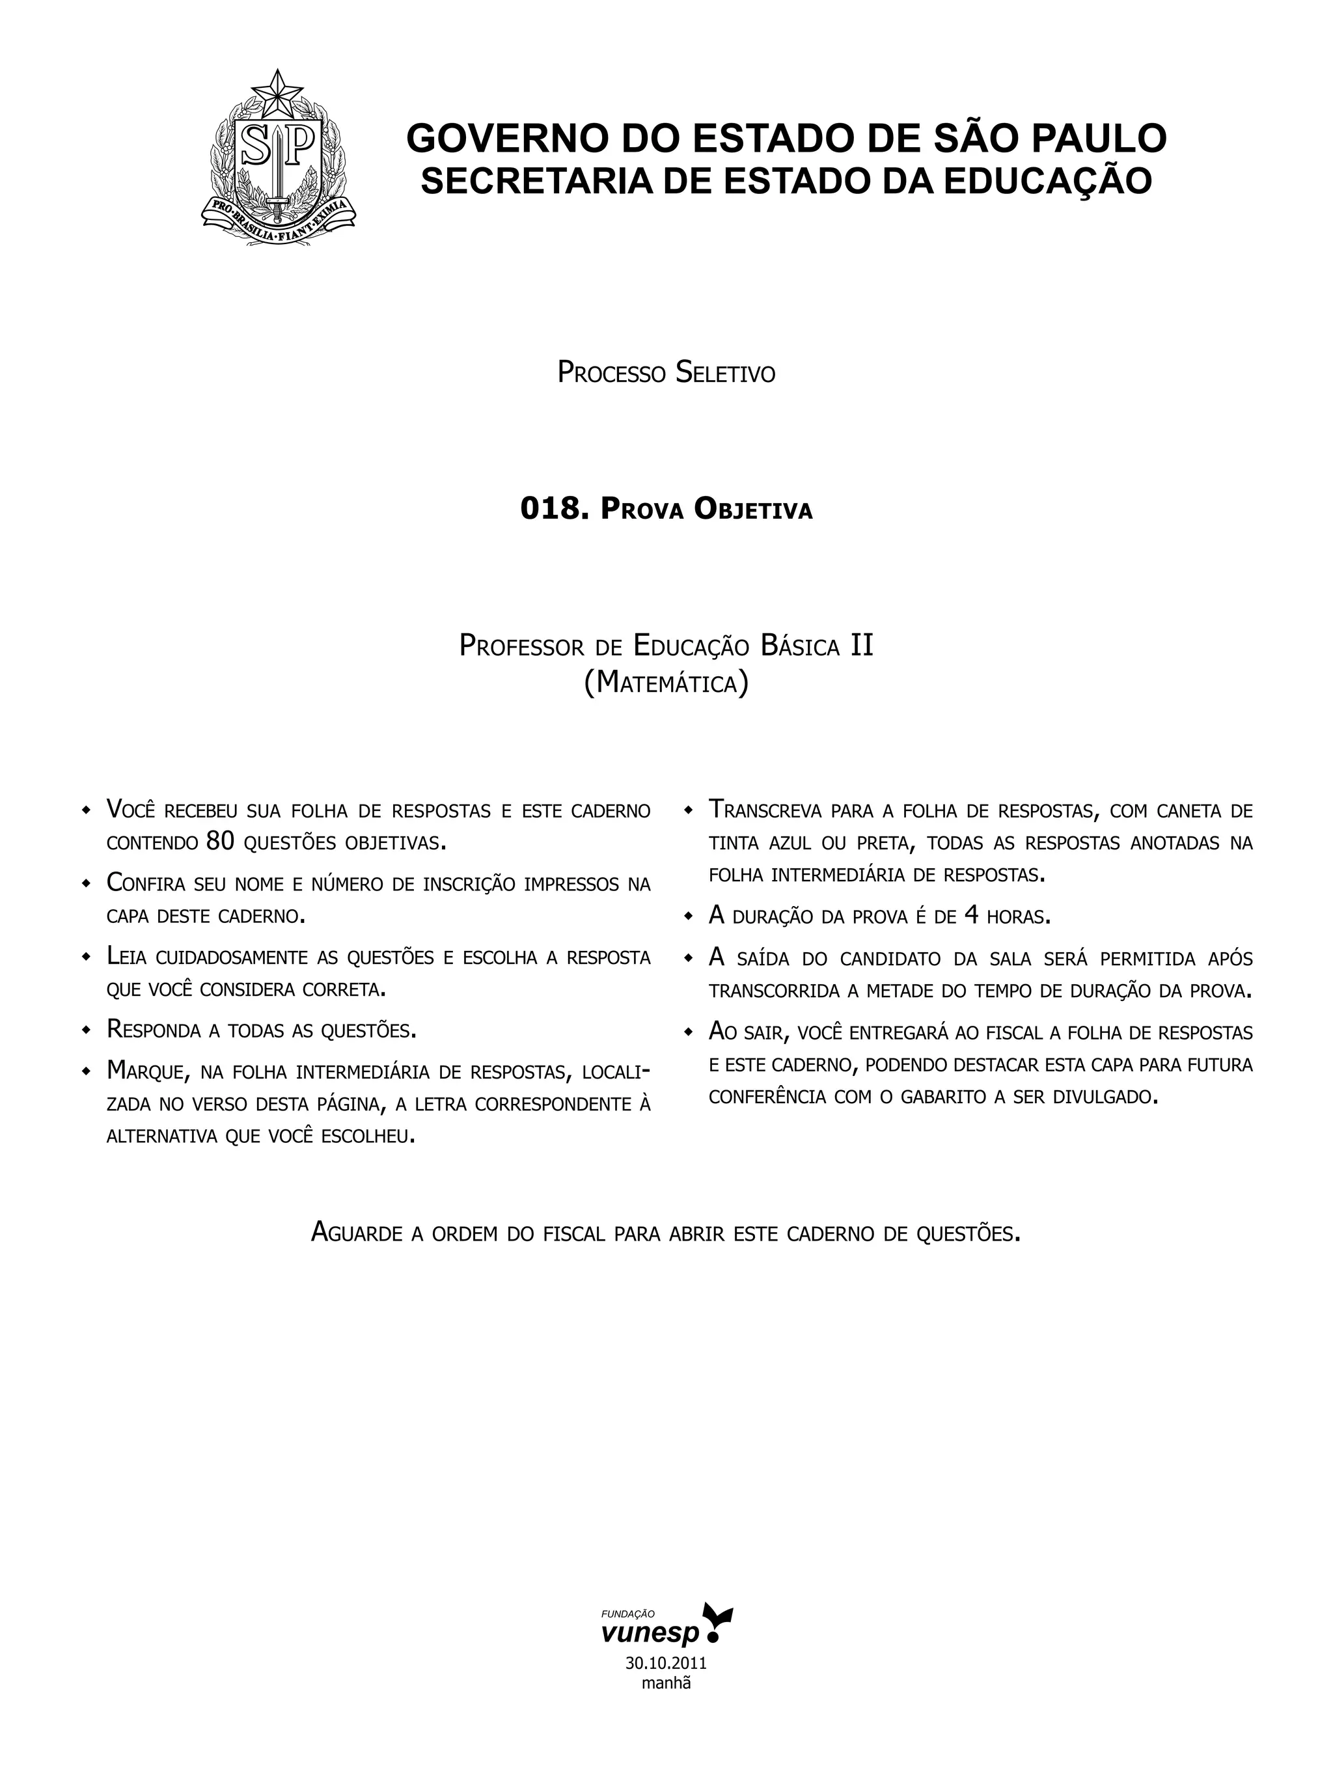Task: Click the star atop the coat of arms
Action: (279, 94)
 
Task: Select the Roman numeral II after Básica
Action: (861, 645)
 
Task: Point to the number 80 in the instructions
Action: (219, 841)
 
